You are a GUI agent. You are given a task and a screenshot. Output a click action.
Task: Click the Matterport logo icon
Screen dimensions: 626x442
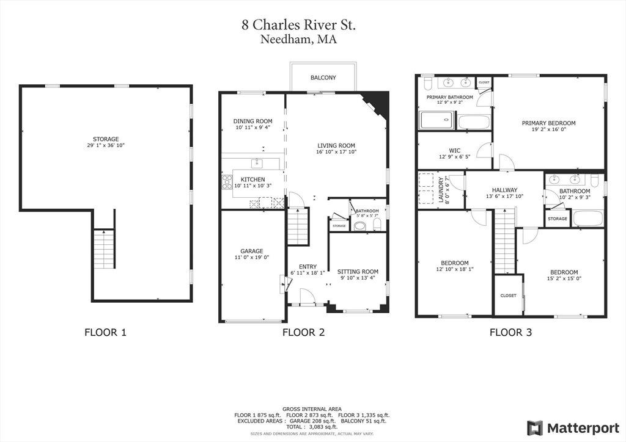click(x=535, y=428)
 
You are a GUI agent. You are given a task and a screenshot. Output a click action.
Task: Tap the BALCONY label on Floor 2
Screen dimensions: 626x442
click(x=323, y=78)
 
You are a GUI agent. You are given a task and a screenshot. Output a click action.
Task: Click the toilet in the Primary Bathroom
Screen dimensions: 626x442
click(x=427, y=83)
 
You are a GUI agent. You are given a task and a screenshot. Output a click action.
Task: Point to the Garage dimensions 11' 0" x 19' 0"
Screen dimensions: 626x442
click(x=251, y=258)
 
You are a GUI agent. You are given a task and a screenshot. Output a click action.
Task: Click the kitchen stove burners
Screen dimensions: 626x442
click(x=227, y=182)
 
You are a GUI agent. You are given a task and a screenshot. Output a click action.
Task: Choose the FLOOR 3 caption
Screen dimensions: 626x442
click(x=510, y=332)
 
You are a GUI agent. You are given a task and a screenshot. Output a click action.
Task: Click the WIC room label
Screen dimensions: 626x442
click(x=454, y=151)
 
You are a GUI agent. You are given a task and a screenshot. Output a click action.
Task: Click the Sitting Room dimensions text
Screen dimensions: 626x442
click(x=358, y=278)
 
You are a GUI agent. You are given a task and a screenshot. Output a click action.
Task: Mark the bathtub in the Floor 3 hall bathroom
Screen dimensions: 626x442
click(x=587, y=219)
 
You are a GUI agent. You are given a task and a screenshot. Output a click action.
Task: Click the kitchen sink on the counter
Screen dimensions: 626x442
click(x=257, y=163)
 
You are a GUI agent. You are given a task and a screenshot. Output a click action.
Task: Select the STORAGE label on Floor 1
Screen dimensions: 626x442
click(x=106, y=139)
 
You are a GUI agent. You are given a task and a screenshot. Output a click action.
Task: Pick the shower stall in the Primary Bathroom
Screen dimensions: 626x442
click(x=436, y=120)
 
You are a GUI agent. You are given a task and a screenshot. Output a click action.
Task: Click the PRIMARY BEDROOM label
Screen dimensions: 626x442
click(x=548, y=123)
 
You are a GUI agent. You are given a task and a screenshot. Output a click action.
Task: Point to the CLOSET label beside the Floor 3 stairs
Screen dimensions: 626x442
click(x=508, y=295)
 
